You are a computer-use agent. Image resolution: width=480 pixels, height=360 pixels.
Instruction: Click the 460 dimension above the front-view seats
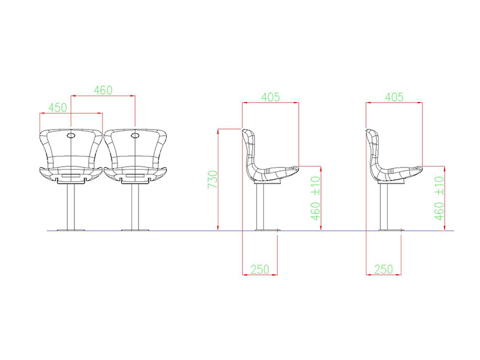pos(103,91)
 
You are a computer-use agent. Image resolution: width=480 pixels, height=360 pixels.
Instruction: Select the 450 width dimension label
pos(58,108)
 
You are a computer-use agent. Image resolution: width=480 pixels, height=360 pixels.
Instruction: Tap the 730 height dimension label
pos(212,179)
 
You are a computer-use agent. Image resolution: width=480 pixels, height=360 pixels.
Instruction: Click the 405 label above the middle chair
pos(271,97)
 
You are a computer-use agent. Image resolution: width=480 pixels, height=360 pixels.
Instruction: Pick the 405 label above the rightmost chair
pos(394,97)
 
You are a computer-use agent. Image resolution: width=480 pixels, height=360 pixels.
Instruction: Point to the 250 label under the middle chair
pos(260,269)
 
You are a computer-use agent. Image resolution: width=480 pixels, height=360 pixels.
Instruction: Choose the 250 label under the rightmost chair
pos(383,269)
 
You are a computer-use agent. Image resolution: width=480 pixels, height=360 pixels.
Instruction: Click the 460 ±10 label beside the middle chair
pos(316,198)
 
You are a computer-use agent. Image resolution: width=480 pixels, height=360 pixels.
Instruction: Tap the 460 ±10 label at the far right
pos(439,198)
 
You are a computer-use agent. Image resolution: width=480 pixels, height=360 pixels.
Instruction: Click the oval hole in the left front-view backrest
pos(71,136)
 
